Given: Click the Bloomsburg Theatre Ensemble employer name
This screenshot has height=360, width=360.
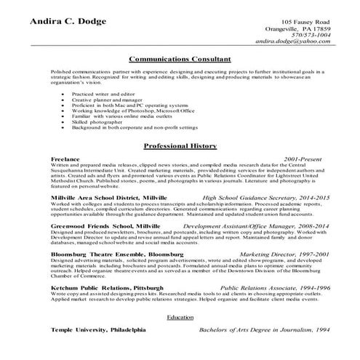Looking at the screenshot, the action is point(113,255).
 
